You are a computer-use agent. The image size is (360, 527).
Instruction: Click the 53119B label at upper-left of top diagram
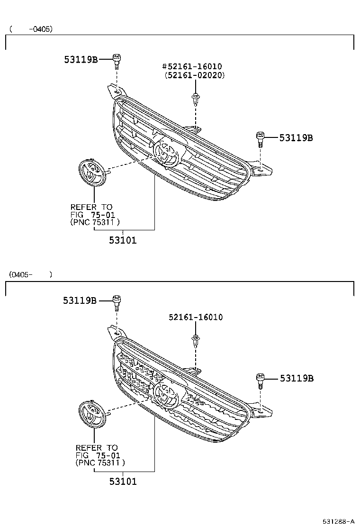81,59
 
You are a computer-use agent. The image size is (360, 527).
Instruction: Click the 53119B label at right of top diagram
296,138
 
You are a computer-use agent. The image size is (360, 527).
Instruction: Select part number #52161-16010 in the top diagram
192,67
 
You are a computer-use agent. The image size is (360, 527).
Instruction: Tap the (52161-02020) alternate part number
194,75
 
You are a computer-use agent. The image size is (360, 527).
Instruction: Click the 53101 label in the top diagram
123,240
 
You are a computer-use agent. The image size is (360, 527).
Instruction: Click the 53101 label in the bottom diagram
123,482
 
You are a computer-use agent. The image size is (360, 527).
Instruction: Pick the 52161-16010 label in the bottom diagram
195,317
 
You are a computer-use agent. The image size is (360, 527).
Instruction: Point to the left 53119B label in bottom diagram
80,300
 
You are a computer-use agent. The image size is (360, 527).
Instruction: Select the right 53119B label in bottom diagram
297,378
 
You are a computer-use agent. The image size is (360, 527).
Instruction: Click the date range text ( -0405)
31,29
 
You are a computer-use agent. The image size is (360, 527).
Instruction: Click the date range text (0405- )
30,274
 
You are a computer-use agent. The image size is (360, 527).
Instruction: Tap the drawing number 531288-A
339,521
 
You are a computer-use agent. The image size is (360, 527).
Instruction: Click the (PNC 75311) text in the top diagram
95,222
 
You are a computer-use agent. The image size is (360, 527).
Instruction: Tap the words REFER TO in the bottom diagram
97,447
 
